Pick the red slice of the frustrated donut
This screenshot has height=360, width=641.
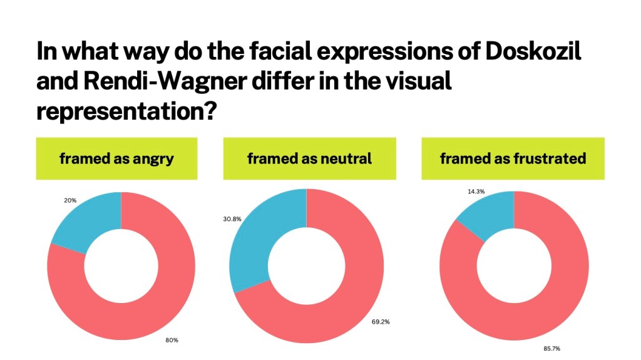pos(551,288)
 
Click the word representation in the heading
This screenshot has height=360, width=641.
pos(118,111)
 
